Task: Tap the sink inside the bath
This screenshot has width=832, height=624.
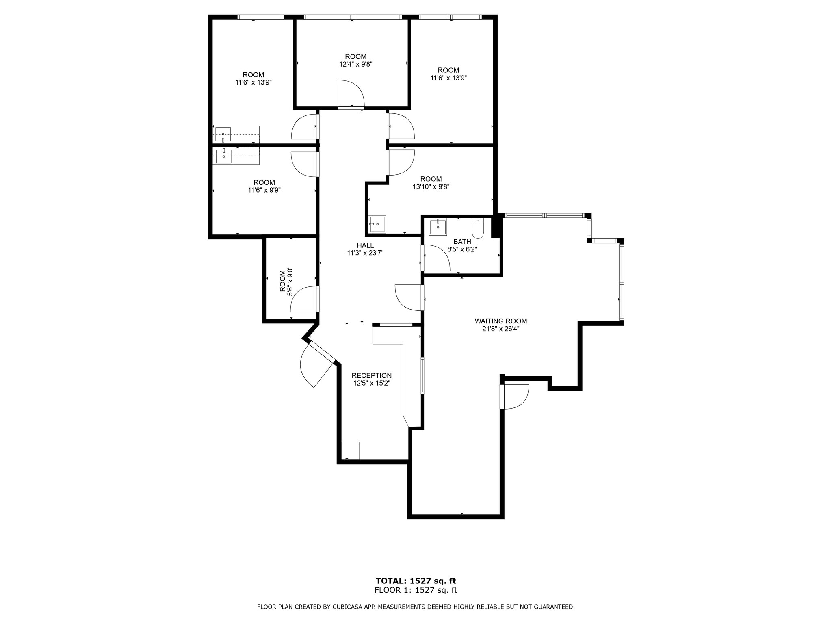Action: click(438, 226)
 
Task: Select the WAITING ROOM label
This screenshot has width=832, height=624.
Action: click(500, 321)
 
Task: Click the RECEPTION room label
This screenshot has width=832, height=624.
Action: click(371, 375)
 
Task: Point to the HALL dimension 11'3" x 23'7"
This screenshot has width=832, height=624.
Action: click(365, 253)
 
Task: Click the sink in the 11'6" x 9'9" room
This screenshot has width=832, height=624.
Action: click(223, 156)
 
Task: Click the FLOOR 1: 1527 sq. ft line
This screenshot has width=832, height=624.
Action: click(416, 590)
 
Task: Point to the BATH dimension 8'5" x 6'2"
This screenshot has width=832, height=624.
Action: click(462, 249)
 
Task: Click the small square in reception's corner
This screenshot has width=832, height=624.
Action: click(350, 451)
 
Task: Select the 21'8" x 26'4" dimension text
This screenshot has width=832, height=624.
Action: click(500, 329)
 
